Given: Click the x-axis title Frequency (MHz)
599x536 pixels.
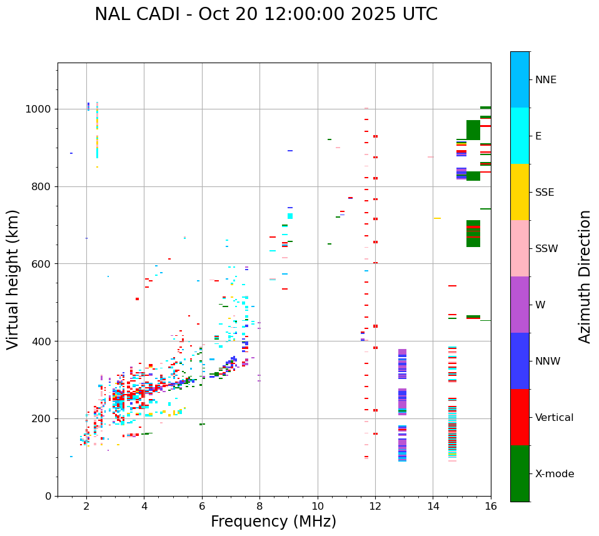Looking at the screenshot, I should coord(273,522).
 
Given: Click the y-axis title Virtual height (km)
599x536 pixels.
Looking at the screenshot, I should coord(13,279).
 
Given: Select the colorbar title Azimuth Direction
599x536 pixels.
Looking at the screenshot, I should coord(585,276).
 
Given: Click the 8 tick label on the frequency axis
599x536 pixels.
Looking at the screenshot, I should coord(259,507).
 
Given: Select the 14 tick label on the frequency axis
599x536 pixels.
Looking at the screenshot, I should coord(433,507).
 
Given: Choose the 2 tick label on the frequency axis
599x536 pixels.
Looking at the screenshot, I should coord(86,507).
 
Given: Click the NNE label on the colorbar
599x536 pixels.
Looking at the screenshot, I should coord(546,80).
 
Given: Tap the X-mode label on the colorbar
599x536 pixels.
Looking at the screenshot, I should coord(555,474).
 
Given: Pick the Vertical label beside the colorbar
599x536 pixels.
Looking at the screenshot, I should coord(555,418).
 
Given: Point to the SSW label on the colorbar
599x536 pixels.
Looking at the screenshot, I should coord(546,249).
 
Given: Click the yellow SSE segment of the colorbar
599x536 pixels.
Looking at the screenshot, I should coord(520,192).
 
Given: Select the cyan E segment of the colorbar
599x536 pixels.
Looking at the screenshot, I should coord(520,136).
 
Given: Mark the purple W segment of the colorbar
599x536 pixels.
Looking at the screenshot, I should coord(520,305).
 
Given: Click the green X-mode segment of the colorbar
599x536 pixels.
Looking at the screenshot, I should coord(520,473).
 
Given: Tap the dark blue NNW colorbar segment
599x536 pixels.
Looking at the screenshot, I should coord(520,361).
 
